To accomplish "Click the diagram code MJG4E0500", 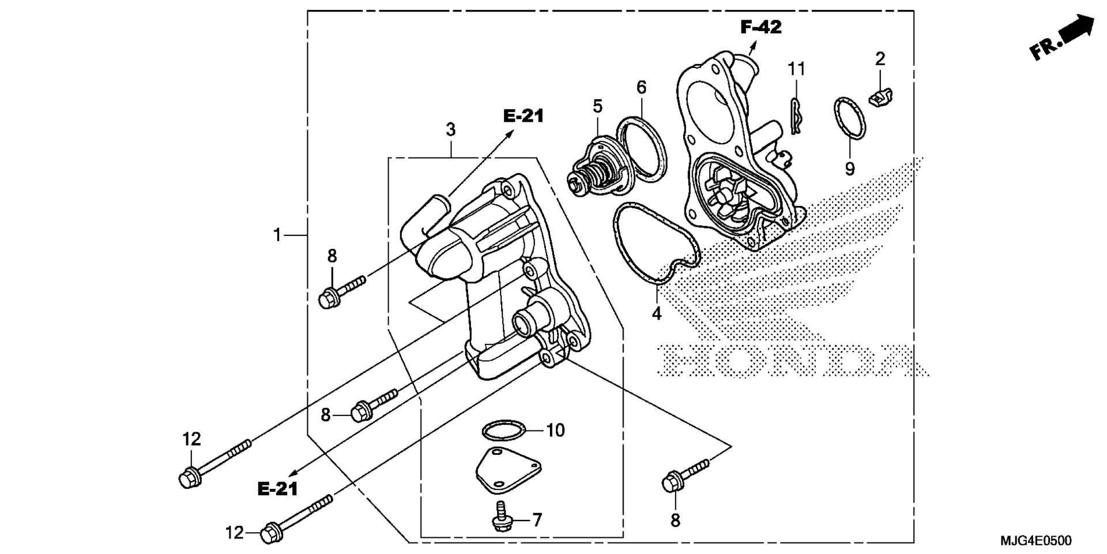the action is tap(1036, 541).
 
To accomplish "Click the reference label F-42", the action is tap(761, 27).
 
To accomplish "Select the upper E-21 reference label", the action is tap(524, 116).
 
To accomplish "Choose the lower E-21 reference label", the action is tap(277, 489).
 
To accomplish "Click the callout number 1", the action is tap(277, 235).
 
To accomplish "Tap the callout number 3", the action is tap(451, 130).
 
